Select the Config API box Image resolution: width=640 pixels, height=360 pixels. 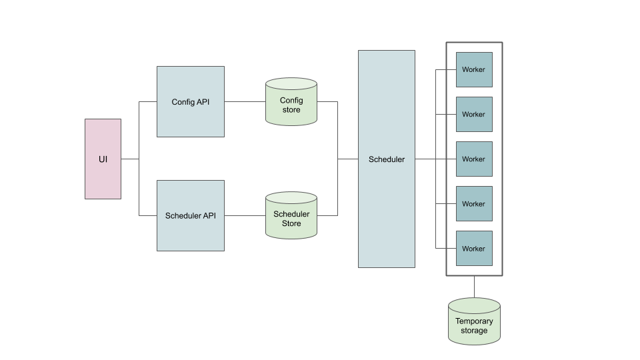coord(190,117)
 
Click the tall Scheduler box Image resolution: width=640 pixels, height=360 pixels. coord(386,200)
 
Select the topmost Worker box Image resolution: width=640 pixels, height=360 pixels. coord(474,69)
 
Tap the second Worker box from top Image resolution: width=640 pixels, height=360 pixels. coord(474,114)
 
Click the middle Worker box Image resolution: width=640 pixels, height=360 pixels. coord(474,159)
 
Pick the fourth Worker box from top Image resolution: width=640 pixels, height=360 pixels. coord(474,204)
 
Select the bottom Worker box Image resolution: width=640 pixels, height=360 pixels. coord(474,249)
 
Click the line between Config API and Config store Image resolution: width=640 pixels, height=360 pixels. coord(245,102)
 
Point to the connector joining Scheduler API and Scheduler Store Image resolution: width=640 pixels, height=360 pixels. coord(245,215)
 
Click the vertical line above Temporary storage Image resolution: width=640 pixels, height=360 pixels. coord(474,287)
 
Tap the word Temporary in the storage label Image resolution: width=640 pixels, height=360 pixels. coord(474,321)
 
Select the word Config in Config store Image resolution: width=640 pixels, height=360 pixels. coord(291,101)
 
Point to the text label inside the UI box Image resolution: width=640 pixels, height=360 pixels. coord(103,160)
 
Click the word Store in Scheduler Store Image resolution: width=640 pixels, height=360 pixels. coord(291,223)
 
